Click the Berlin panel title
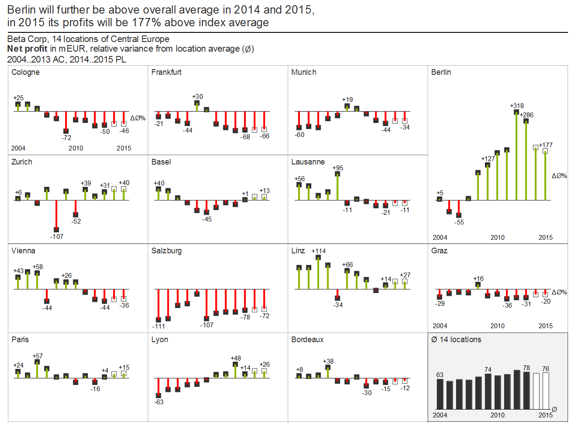coord(441,72)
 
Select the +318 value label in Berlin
coord(516,106)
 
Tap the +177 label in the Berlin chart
coord(546,145)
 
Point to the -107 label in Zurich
coord(57,237)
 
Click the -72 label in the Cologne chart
coord(66,138)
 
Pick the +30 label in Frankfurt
coord(197,97)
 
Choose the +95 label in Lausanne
coord(338,168)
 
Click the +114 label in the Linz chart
coord(318,251)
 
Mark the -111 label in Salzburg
coord(159,326)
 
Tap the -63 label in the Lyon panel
coord(159,402)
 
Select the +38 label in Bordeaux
coord(328,361)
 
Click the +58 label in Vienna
coord(38,267)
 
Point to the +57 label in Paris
coord(38,356)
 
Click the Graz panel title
coord(439,251)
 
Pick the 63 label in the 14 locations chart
coord(439,375)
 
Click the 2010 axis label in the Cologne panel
coord(76,148)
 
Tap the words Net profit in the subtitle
coord(27,49)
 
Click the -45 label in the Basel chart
coord(207,219)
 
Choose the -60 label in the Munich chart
coord(300,135)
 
